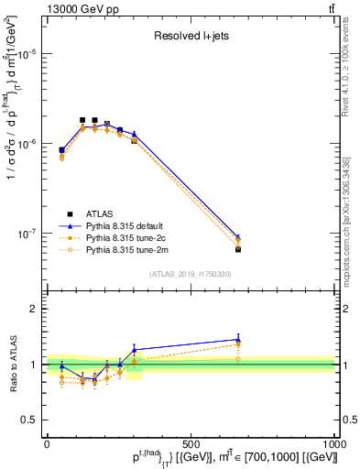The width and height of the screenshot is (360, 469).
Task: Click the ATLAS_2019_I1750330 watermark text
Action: point(190,274)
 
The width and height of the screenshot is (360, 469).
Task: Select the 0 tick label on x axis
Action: point(47,444)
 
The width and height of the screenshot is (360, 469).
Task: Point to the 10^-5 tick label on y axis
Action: point(27,54)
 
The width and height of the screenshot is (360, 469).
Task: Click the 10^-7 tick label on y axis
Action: point(27,234)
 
